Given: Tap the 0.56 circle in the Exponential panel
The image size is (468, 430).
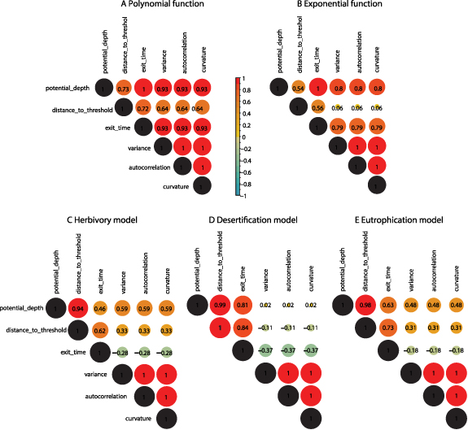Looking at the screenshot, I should pyautogui.click(x=317, y=107).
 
